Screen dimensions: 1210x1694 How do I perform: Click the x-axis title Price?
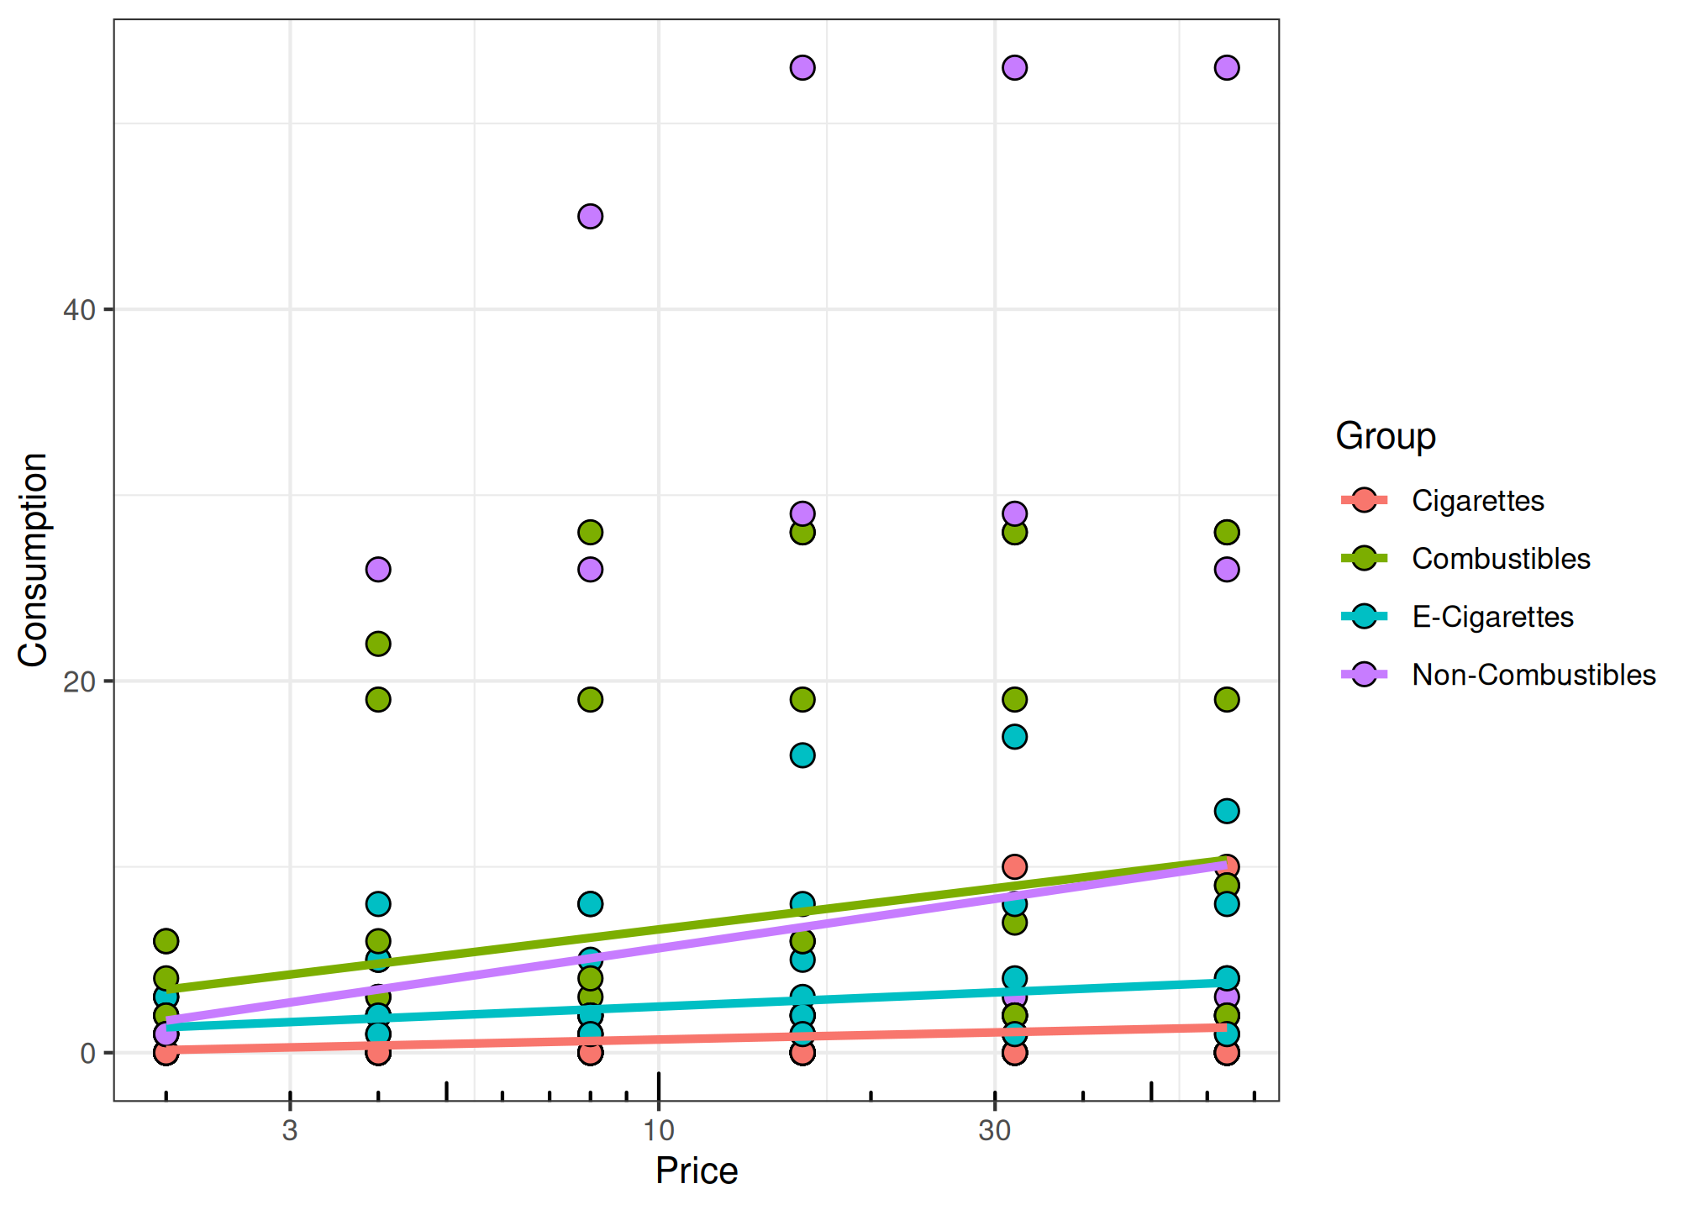tap(696, 1171)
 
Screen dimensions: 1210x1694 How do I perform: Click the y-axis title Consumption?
tap(34, 560)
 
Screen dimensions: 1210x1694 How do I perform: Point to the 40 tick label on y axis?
tap(80, 310)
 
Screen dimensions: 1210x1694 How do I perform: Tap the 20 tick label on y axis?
tap(80, 681)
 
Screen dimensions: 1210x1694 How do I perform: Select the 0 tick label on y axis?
tap(87, 1053)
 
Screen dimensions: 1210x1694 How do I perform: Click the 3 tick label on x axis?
tap(290, 1131)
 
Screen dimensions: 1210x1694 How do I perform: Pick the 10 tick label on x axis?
tap(659, 1131)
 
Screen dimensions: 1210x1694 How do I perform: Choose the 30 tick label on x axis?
tap(994, 1131)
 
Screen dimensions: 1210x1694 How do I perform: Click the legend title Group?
tap(1386, 436)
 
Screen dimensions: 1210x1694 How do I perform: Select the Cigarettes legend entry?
tap(1477, 501)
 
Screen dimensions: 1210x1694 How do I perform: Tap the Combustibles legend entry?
tap(1501, 559)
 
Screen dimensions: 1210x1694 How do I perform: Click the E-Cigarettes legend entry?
tap(1492, 617)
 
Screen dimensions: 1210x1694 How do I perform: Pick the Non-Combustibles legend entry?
tap(1534, 675)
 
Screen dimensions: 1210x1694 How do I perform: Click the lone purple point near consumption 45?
tap(591, 217)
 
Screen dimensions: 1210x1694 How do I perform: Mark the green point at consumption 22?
tap(378, 644)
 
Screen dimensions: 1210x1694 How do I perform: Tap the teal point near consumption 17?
tap(1015, 737)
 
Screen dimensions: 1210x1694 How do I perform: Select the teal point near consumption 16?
tap(802, 755)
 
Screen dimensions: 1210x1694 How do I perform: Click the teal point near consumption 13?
tap(1227, 811)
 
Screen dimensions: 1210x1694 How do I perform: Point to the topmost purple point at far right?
tap(1227, 67)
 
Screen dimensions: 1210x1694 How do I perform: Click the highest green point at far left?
tap(166, 941)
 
